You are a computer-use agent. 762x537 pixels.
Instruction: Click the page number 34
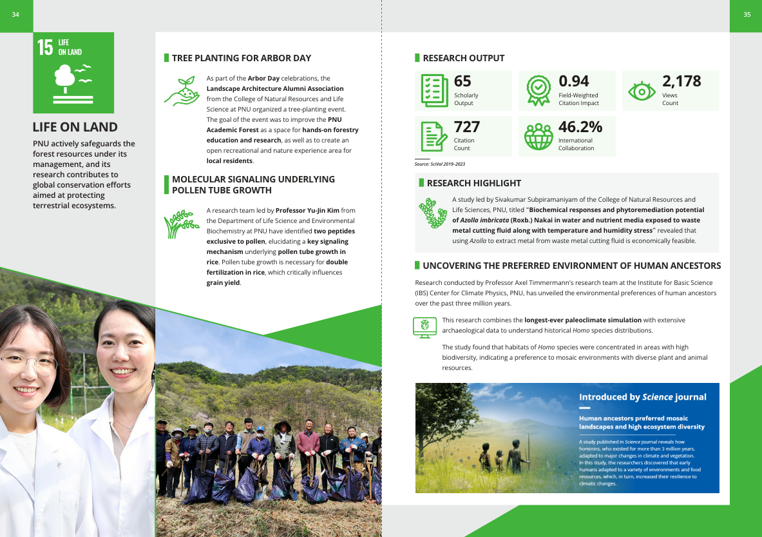pos(15,15)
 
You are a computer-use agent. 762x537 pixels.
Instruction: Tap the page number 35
pos(747,15)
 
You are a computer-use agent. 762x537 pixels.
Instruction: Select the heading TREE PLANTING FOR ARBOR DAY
pos(242,58)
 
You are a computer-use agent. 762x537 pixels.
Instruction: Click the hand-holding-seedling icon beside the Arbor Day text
pos(181,91)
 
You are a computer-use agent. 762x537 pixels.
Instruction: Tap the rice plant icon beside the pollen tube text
pos(181,223)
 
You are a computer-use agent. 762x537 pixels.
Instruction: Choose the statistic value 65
pos(462,81)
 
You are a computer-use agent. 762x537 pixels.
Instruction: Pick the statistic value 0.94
pos(573,81)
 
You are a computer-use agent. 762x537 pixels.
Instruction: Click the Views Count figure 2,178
pos(681,81)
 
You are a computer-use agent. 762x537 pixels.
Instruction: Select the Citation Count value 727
pos(467,126)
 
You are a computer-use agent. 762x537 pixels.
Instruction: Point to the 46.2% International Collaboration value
pos(580,126)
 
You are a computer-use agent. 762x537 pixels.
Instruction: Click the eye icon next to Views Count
pos(641,92)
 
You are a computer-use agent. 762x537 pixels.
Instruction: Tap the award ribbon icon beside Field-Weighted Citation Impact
pos(538,91)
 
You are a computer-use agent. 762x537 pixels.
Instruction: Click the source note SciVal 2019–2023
pos(440,164)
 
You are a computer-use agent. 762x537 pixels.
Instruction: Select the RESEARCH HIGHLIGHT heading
pos(473,183)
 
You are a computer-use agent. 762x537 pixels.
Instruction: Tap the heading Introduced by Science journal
pos(642,397)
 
